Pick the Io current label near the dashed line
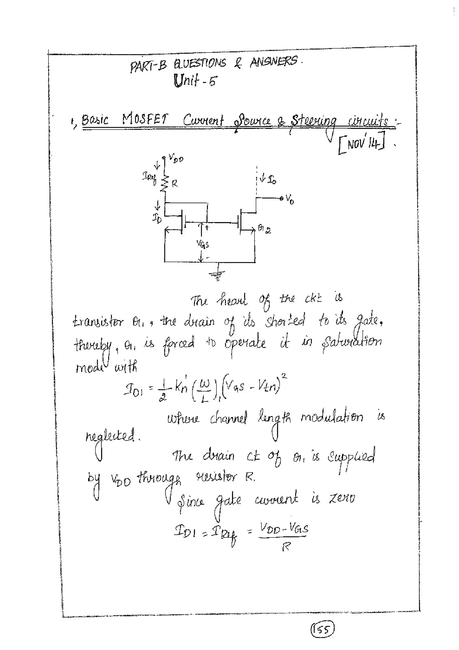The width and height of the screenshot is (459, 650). pos(271,180)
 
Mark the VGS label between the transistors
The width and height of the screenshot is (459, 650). pos(203,243)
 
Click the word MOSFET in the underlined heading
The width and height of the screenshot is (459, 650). pos(145,120)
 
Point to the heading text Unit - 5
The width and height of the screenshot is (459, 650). pos(195,80)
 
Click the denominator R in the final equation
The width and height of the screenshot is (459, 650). pos(286,547)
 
